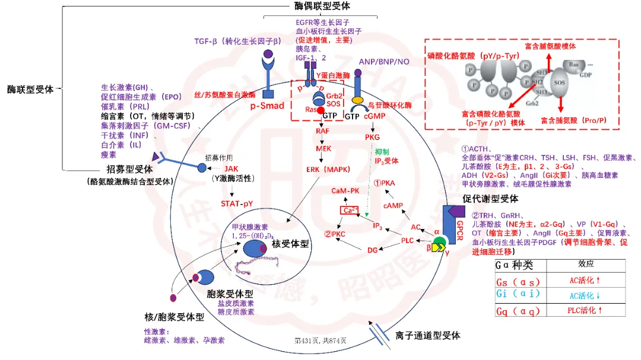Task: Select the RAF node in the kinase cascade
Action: [x=323, y=130]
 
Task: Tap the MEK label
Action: [x=323, y=148]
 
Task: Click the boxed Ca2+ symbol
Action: [x=348, y=210]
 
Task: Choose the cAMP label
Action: [x=393, y=205]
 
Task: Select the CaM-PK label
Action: [x=347, y=190]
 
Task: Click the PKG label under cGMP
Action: [x=373, y=138]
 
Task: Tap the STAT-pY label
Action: [x=237, y=203]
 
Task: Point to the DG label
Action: [x=373, y=250]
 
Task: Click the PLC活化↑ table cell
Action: [x=585, y=310]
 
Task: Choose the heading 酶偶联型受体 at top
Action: [x=322, y=5]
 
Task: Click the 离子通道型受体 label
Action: [x=428, y=336]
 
